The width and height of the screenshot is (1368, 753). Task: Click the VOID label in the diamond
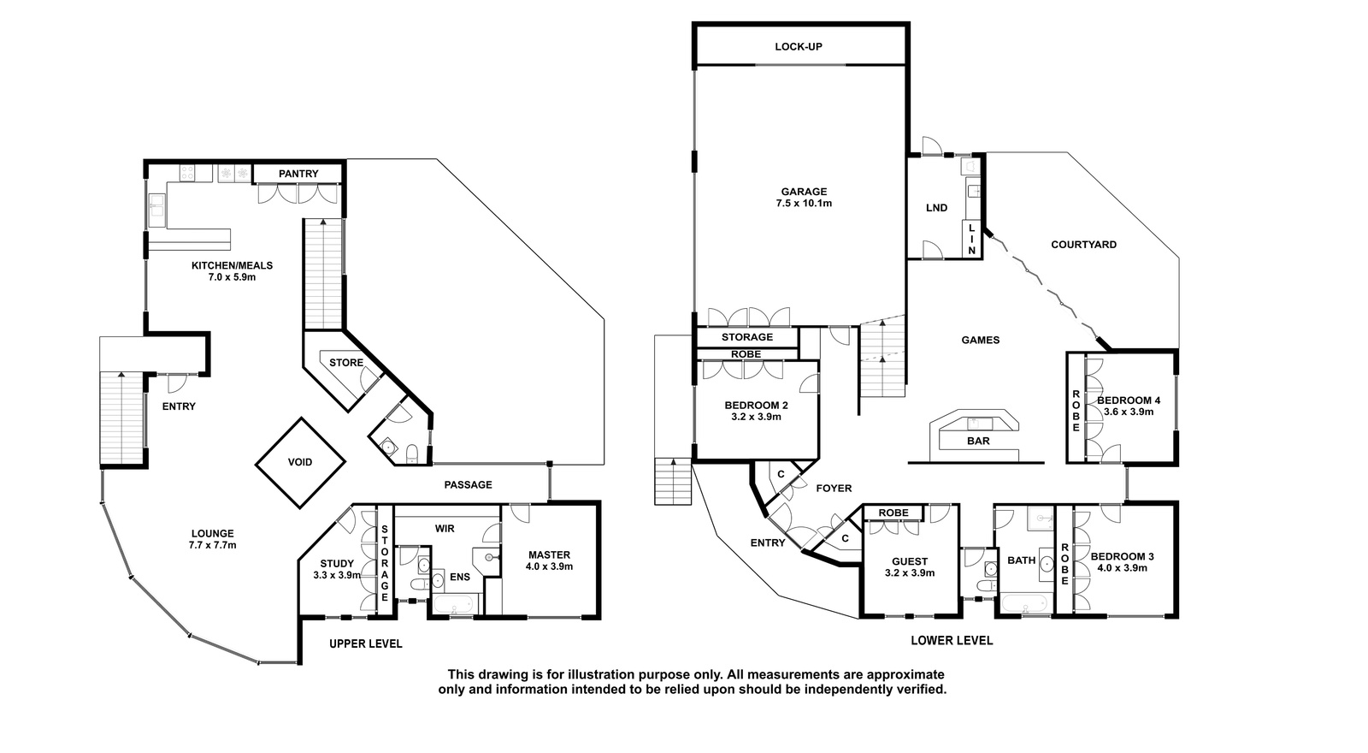300,462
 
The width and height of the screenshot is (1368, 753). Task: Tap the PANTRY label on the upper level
298,174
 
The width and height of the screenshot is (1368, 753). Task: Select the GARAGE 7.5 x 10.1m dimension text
804,204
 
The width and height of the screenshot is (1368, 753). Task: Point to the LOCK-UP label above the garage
799,46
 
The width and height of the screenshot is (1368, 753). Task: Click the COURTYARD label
1083,245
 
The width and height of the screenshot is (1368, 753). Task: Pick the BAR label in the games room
978,441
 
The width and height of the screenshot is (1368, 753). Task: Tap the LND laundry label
937,208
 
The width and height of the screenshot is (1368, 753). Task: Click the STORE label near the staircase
346,363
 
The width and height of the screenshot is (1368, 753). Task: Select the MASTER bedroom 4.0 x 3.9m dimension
549,566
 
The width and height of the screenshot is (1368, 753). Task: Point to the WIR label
445,529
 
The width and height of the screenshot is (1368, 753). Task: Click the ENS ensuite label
460,577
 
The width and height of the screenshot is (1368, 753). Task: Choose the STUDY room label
337,564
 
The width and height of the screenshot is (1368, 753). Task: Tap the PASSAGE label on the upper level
468,484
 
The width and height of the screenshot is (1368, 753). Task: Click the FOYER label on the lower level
834,489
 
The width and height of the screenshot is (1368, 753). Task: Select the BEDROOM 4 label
1129,400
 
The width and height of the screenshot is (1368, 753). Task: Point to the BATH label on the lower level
1022,560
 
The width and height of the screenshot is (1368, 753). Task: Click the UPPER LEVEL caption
366,643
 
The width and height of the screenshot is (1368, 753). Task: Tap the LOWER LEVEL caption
952,641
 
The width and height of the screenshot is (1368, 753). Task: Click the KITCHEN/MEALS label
232,265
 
